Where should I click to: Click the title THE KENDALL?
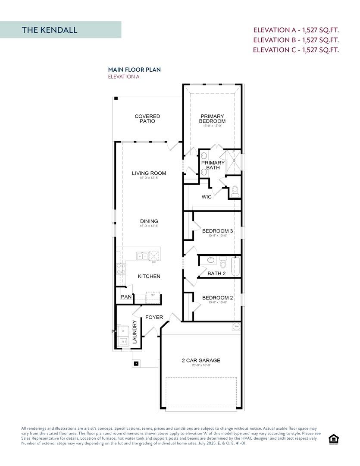click(x=50, y=30)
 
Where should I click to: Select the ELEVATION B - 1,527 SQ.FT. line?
click(x=296, y=40)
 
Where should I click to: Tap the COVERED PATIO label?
click(x=147, y=119)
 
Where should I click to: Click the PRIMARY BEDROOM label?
click(x=212, y=119)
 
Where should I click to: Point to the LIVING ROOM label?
click(x=149, y=173)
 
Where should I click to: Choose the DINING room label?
click(x=149, y=221)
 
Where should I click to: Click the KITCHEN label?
click(x=149, y=276)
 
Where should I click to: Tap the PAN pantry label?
click(x=126, y=297)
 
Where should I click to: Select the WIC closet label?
click(x=207, y=197)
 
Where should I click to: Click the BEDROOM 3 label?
click(x=217, y=231)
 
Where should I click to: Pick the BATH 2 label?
click(x=216, y=274)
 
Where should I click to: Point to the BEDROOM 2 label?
click(x=217, y=298)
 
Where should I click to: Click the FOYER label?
click(x=154, y=317)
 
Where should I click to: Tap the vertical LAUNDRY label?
click(x=134, y=332)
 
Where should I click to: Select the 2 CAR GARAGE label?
click(x=201, y=360)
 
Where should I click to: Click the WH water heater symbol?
click(x=236, y=326)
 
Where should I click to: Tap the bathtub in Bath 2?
click(x=235, y=266)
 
